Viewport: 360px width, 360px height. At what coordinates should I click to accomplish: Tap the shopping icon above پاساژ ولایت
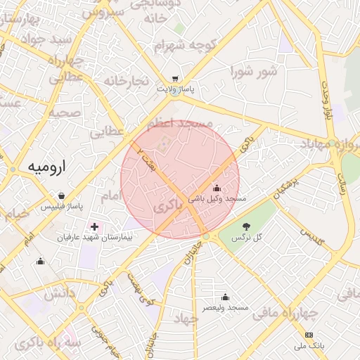tap(176, 79)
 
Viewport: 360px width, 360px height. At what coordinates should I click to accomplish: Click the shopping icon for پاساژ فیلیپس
tap(62, 195)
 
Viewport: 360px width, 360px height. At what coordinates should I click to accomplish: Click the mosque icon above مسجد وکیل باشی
tap(216, 188)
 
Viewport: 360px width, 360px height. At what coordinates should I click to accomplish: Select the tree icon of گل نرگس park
tap(246, 226)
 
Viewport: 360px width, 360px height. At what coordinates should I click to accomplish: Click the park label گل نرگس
tap(246, 237)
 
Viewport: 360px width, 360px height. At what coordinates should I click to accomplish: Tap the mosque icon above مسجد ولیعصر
tap(225, 297)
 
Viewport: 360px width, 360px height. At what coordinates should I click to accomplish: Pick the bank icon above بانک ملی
tap(309, 334)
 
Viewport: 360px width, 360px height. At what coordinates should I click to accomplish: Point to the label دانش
tap(60, 295)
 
